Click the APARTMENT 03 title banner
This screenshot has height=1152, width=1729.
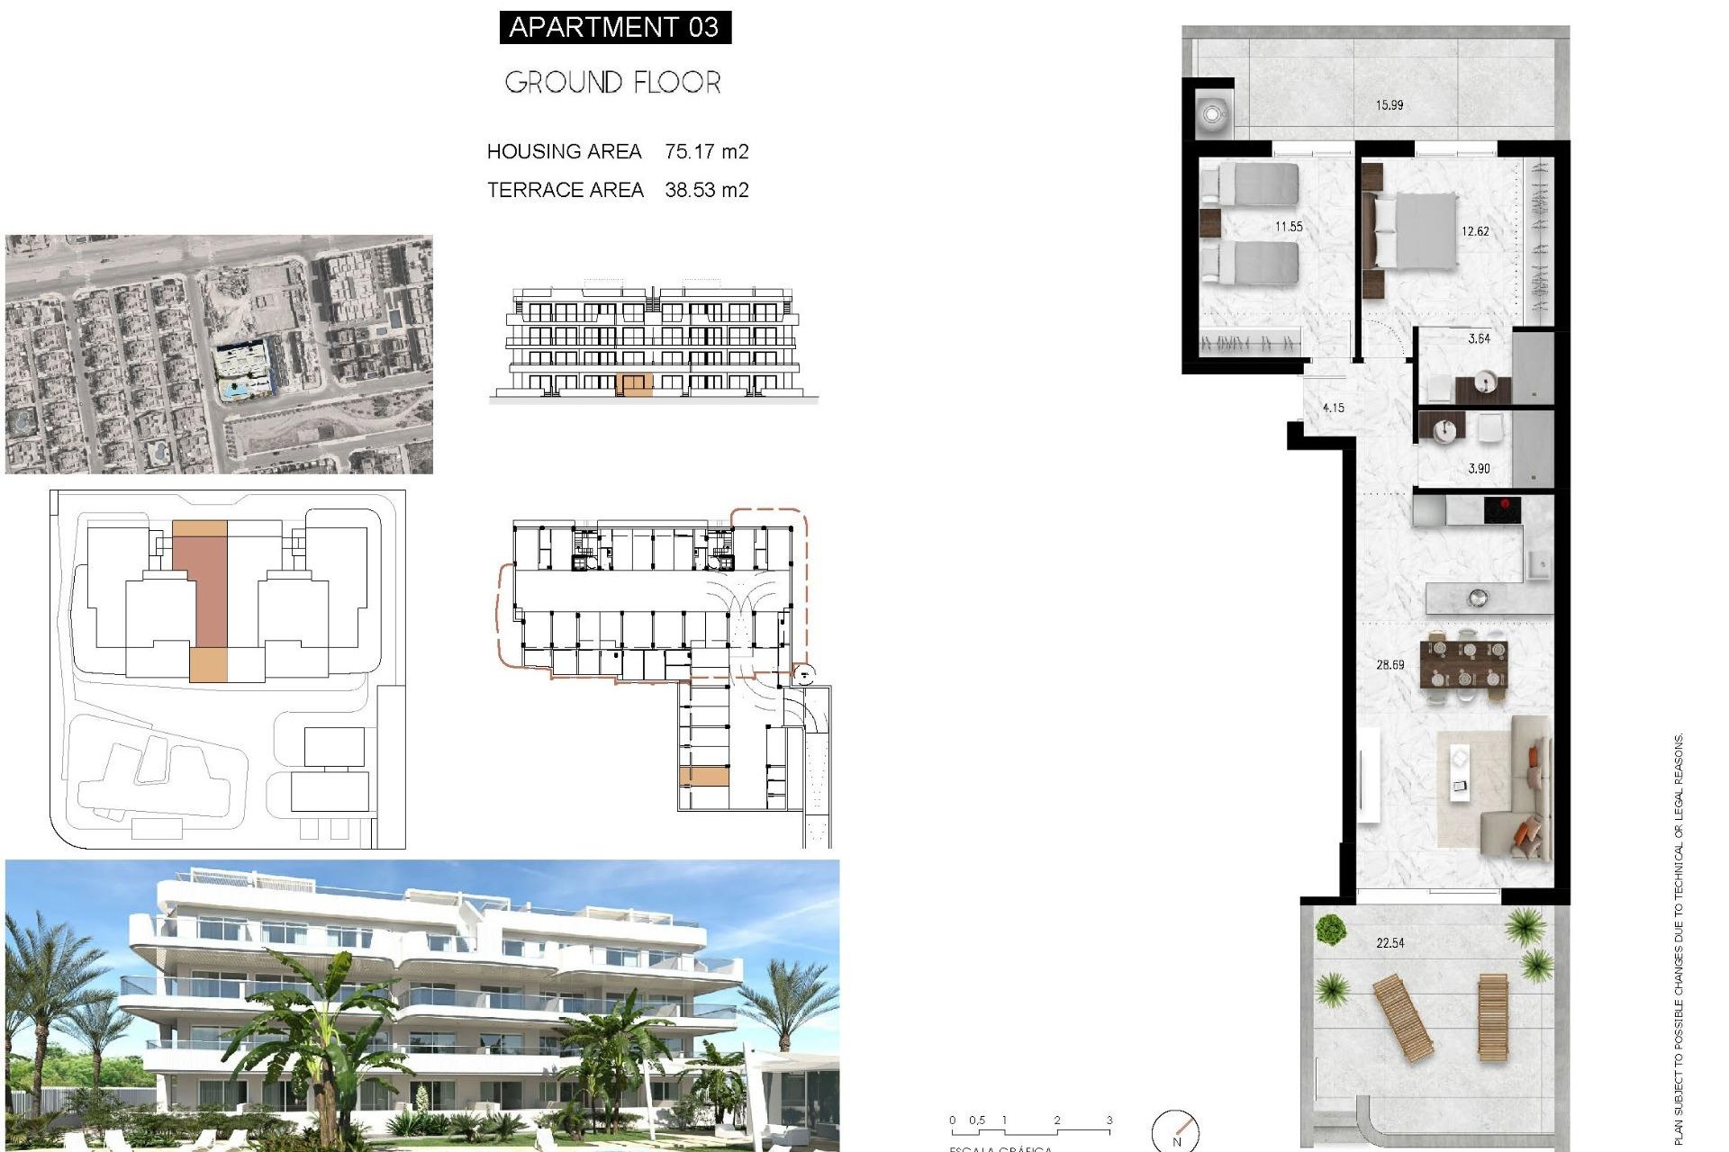[614, 27]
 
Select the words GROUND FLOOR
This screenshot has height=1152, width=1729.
[612, 83]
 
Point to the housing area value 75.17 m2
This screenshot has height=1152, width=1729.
[706, 151]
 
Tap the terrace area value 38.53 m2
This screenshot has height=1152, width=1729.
[706, 190]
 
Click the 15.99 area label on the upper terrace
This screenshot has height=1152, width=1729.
[1389, 105]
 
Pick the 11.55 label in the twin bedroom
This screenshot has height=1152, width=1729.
[1288, 227]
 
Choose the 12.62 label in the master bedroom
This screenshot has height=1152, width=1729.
[1474, 231]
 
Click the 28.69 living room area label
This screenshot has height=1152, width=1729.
[1390, 665]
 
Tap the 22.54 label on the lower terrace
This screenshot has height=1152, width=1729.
[1390, 943]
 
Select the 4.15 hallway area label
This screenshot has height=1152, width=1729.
[1333, 408]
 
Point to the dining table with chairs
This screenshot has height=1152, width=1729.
[1463, 663]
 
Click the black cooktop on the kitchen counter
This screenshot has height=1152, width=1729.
[1502, 509]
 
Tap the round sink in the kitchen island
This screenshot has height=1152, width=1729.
[1477, 597]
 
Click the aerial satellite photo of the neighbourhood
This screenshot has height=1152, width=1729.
[219, 355]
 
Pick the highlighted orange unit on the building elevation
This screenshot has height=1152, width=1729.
[635, 386]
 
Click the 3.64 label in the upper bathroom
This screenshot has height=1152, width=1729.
[1479, 339]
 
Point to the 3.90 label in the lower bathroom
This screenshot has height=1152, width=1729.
[1479, 469]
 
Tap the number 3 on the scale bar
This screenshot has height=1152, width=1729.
[1109, 1120]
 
